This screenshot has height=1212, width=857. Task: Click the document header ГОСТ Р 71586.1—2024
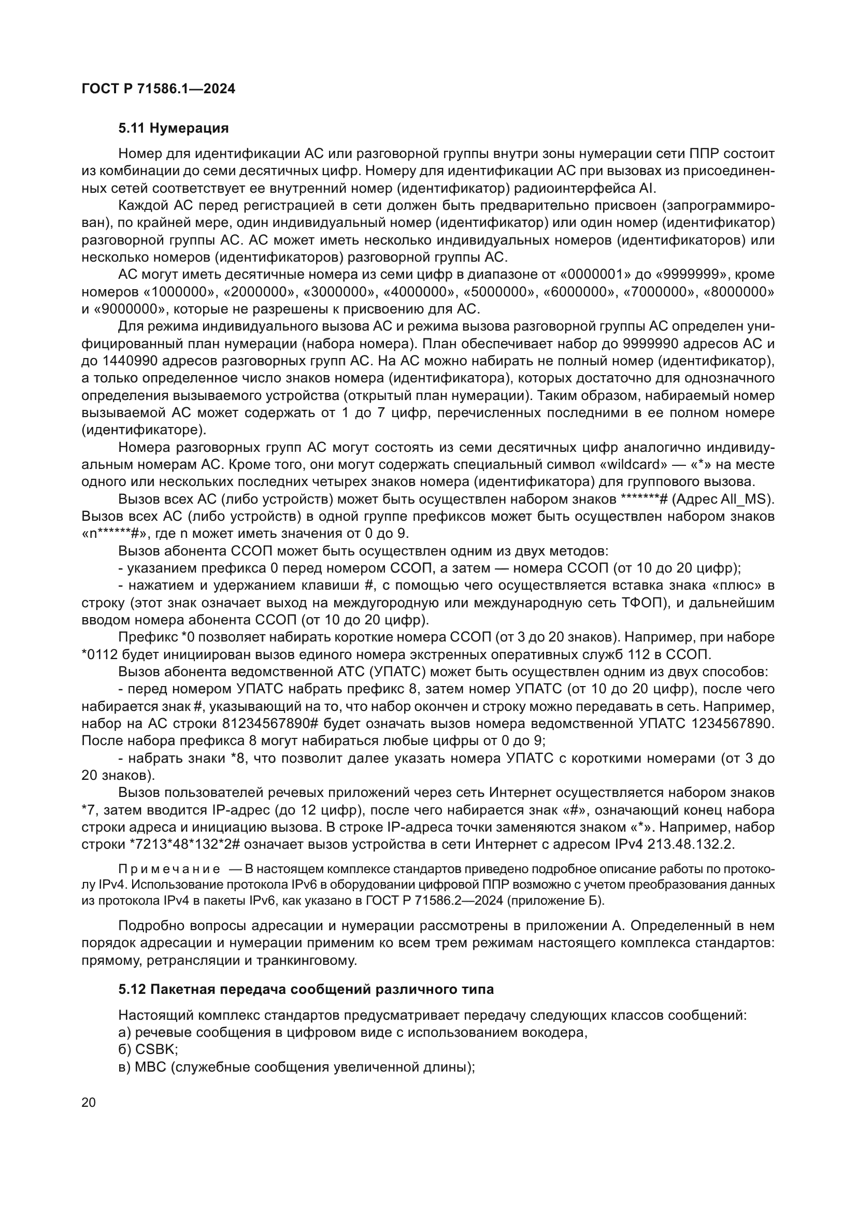pyautogui.click(x=159, y=89)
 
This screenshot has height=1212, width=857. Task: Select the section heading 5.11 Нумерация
pyautogui.click(x=173, y=129)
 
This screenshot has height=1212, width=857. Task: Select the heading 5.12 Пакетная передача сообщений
pyautogui.click(x=306, y=989)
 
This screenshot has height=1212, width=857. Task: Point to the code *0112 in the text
pyautogui.click(x=99, y=654)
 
